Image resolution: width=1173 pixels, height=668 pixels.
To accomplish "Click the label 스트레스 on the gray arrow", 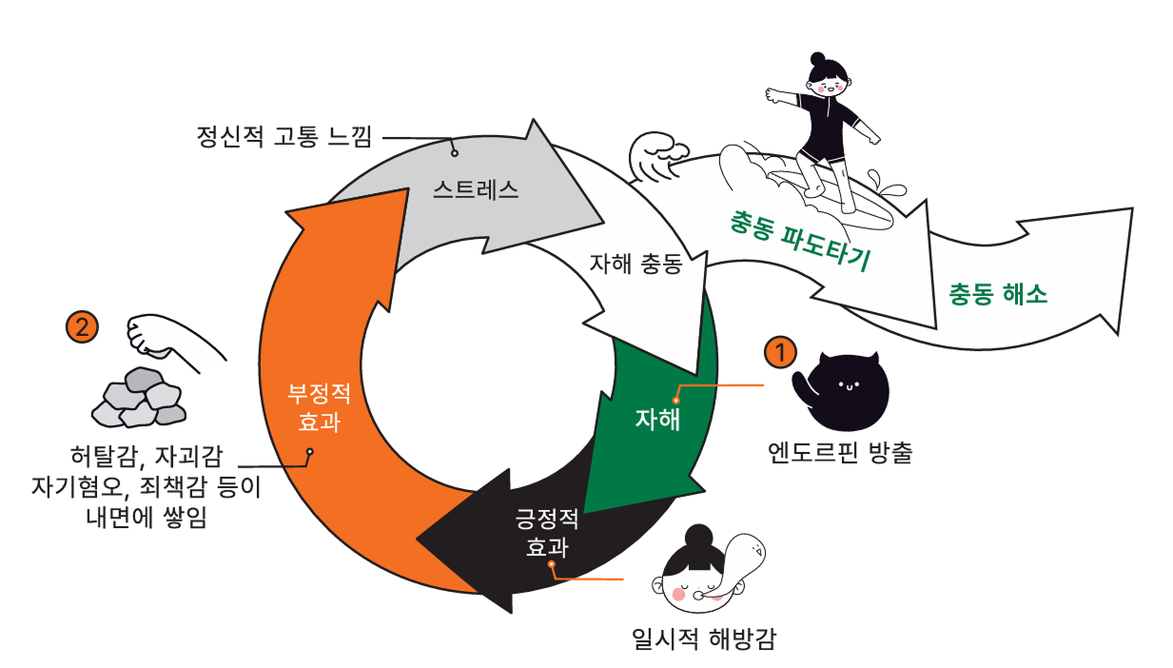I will pyautogui.click(x=476, y=188).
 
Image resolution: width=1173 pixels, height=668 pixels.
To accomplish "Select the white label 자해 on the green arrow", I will pyautogui.click(x=658, y=420).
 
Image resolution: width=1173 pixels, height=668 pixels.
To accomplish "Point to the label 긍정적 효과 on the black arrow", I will pyautogui.click(x=547, y=533).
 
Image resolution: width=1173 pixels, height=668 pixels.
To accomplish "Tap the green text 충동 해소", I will pyautogui.click(x=998, y=294).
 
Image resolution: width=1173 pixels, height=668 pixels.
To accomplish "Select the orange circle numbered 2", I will pyautogui.click(x=82, y=326).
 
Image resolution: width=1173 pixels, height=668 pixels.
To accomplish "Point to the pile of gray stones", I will pyautogui.click(x=139, y=397).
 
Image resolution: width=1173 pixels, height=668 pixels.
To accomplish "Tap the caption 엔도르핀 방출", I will pyautogui.click(x=840, y=453).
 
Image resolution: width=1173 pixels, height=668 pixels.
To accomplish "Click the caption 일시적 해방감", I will pyautogui.click(x=704, y=637).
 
